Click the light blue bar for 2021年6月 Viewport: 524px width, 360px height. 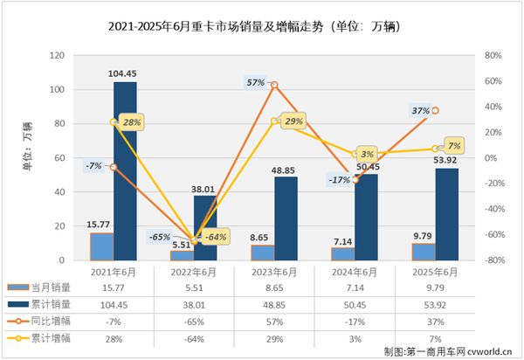click(102, 246)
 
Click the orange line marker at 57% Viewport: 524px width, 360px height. click(274, 86)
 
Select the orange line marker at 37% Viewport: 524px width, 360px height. click(436, 111)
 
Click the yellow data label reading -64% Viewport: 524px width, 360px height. click(215, 237)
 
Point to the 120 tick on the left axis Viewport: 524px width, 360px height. click(59, 56)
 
